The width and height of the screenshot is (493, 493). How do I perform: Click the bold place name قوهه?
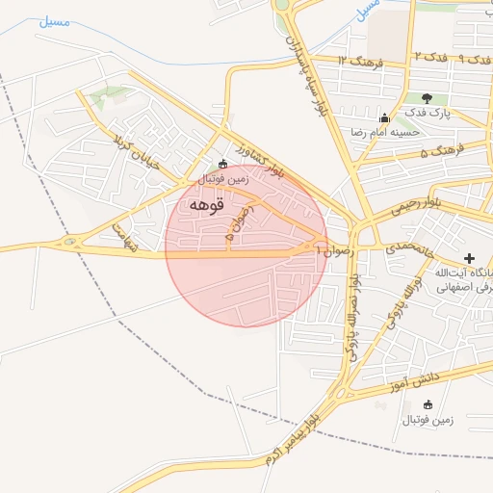[206, 204]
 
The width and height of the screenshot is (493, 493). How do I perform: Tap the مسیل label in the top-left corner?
[54, 20]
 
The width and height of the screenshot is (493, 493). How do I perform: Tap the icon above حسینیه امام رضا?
[384, 117]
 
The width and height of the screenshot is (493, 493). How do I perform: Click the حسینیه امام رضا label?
[385, 131]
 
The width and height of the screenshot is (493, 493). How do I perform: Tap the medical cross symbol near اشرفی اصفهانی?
[469, 258]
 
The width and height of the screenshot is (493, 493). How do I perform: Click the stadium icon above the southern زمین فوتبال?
[428, 404]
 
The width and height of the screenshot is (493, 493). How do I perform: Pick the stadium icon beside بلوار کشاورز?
[223, 164]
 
